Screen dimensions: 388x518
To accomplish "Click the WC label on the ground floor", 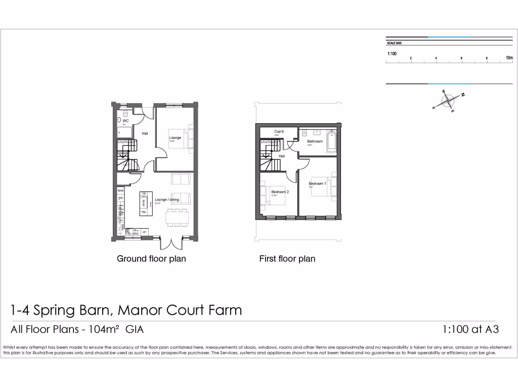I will point(125,121).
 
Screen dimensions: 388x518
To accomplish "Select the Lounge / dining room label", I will point(167,200).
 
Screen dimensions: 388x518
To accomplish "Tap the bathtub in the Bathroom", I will point(331,141).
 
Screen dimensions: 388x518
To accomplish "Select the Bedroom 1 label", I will point(317,183).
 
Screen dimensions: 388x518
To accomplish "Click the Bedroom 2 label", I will point(280,192).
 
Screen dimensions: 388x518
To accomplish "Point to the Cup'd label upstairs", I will point(278,132).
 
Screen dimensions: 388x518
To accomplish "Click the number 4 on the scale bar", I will point(436,59).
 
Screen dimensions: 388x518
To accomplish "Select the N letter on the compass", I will point(462,94).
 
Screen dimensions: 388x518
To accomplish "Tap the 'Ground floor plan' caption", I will point(151,259).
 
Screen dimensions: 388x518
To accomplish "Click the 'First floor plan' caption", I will point(287,259).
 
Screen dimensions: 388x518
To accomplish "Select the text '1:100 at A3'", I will point(470,329).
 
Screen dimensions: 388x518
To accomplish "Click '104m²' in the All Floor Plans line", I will point(104,329).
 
